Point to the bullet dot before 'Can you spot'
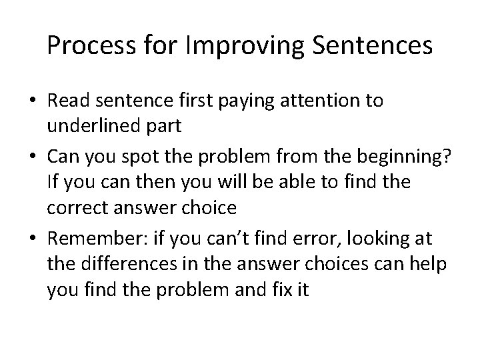coord(31,157)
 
